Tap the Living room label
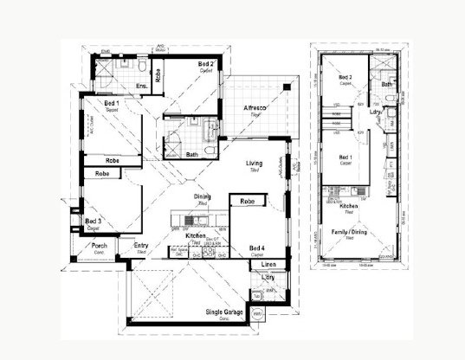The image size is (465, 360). [x=254, y=163]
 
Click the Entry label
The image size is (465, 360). [x=141, y=245]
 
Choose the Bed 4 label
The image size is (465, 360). [x=258, y=247]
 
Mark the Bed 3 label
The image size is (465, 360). [x=94, y=222]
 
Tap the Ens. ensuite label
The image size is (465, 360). [x=141, y=86]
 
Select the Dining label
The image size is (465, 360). [x=203, y=197]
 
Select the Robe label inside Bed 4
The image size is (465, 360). [x=247, y=201]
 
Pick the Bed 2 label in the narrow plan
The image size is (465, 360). [x=345, y=76]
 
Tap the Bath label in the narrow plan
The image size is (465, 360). [x=386, y=84]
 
